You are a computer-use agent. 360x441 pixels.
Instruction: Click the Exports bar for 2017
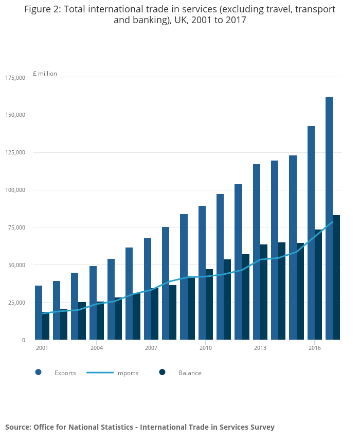(329, 218)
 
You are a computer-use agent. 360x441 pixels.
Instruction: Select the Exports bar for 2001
(39, 312)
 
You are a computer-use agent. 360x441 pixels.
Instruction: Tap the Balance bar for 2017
(336, 277)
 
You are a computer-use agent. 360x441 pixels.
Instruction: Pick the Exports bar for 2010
(202, 273)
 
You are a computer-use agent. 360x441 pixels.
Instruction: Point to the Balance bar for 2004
(100, 321)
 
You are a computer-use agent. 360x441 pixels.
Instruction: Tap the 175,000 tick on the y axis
(15, 78)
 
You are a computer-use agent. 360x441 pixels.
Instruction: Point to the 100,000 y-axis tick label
(15, 190)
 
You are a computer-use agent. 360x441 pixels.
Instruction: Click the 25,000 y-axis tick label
(16, 303)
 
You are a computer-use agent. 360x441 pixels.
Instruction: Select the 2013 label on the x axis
(260, 348)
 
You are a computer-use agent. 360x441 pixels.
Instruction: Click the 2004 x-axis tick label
(97, 348)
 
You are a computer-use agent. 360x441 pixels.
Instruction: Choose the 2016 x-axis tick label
(315, 348)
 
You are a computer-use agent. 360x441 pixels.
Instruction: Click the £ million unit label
(45, 74)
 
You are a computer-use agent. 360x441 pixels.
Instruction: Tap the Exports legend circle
(39, 373)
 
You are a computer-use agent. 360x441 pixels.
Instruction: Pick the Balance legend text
(190, 373)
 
